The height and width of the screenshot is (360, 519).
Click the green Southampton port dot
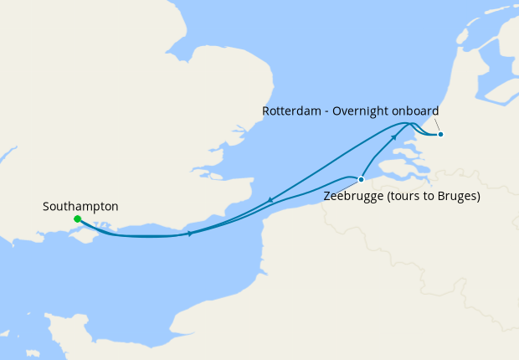(77, 219)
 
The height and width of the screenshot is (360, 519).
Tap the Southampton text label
(80, 206)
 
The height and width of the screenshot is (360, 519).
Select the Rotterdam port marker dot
(440, 134)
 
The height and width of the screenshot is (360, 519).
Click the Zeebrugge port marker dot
(361, 179)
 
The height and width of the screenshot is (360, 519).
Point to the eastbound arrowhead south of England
(191, 234)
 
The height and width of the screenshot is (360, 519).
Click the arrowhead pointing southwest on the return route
(271, 200)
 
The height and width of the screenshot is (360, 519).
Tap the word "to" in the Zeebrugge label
(431, 198)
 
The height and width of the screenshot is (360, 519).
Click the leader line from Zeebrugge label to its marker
(352, 186)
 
